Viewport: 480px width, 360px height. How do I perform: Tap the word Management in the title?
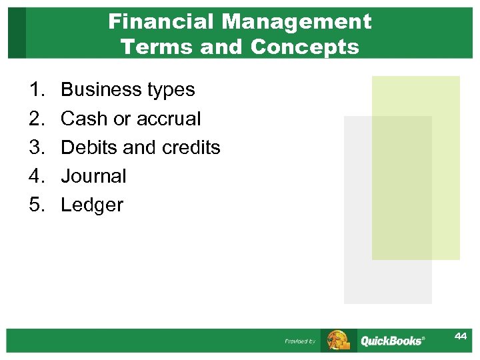point(297,22)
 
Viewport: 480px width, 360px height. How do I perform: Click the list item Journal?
point(93,176)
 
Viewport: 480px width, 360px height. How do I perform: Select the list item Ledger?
point(92,205)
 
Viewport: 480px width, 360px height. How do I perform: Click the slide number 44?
point(461,336)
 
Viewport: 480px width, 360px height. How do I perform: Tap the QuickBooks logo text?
point(392,341)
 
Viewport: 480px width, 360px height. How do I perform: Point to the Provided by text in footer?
point(300,341)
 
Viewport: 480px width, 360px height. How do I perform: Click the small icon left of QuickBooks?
point(337,340)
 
